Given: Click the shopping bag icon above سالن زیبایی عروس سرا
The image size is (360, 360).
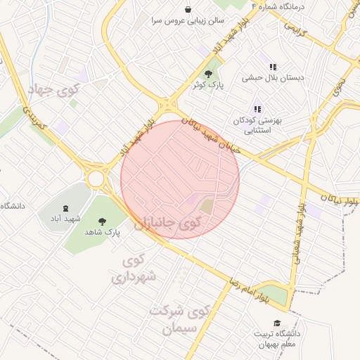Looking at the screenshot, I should click(188, 9).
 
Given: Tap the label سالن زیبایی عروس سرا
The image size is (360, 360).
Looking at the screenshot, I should click(187, 20).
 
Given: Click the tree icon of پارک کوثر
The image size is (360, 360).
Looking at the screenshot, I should click(207, 73).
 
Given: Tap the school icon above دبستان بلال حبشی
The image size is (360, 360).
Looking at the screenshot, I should click(273, 67).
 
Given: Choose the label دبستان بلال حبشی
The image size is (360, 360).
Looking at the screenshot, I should click(273, 78).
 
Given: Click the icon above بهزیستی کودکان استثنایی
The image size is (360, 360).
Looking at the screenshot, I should click(257, 109).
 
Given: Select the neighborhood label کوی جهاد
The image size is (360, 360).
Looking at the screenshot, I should click(53, 90).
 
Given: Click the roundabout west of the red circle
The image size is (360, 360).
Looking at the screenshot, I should click(96, 179).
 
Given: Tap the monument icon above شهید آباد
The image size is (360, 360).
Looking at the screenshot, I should click(66, 208).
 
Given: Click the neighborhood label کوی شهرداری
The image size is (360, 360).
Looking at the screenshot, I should click(136, 269).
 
